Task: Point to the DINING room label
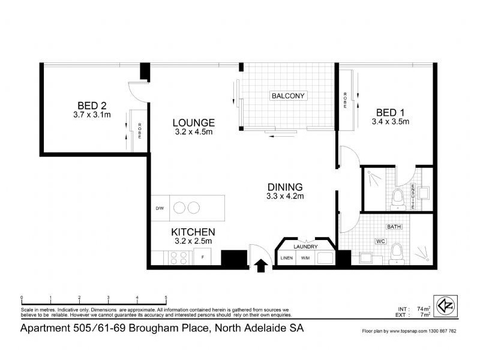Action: point(285,187)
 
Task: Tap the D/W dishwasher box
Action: point(160,208)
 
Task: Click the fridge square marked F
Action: point(203,257)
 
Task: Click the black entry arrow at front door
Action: point(262,265)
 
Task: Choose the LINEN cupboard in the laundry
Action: point(286,258)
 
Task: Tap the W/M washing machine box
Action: point(305,258)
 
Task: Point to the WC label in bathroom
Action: point(380,241)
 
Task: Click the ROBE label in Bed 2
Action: point(140,131)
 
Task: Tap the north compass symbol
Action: point(445,305)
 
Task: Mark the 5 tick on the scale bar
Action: point(166,298)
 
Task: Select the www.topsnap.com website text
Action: point(411,331)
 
